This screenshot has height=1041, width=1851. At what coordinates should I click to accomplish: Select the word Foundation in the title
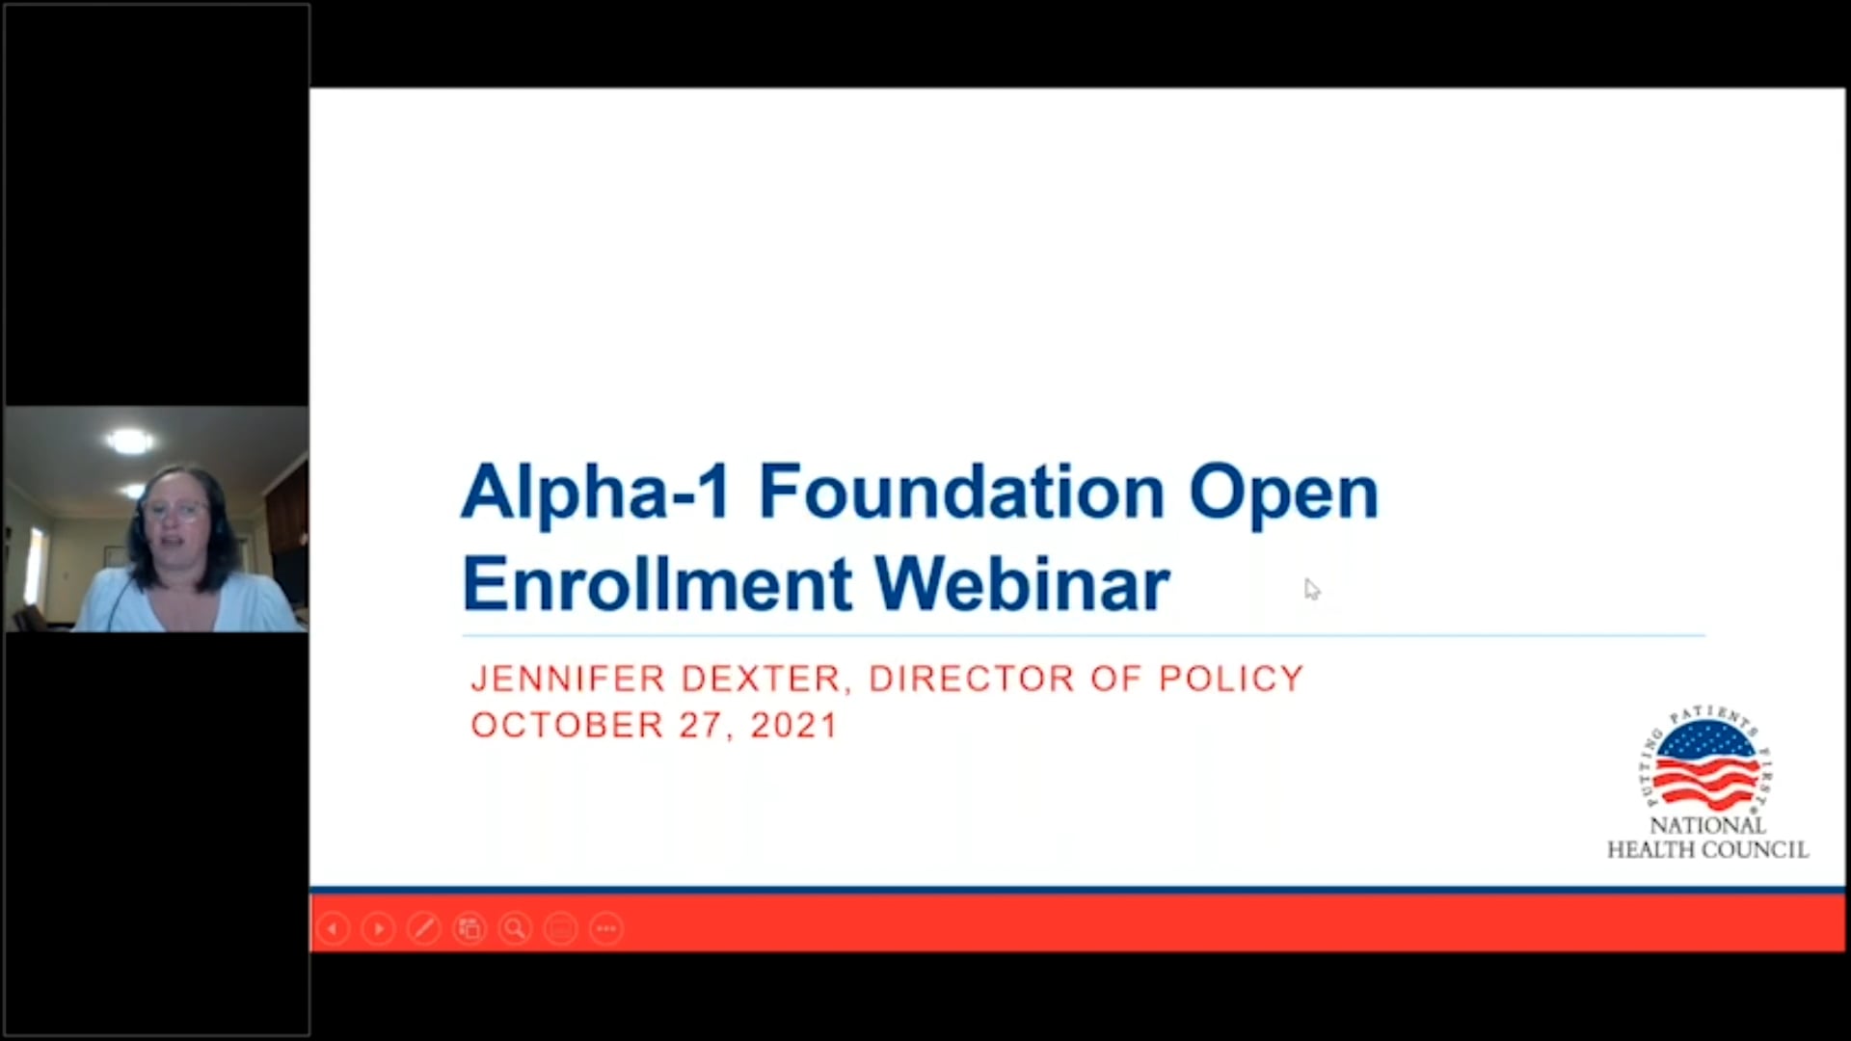(x=961, y=492)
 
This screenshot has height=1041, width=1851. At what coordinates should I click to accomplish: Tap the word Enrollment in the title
(x=657, y=584)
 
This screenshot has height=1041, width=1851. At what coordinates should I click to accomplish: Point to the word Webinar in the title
(x=1023, y=584)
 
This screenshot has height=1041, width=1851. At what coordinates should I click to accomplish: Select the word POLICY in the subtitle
(x=1231, y=679)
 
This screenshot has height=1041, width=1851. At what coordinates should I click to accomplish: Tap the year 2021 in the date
(x=794, y=725)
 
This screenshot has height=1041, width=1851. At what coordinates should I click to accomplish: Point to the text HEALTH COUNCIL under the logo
(x=1707, y=850)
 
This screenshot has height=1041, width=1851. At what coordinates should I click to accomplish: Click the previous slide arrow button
(x=333, y=929)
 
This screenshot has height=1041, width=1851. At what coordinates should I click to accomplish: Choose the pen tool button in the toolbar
(x=424, y=929)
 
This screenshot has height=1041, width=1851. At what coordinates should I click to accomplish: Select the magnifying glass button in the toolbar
(x=516, y=929)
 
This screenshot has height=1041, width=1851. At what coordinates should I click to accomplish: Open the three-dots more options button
(x=606, y=929)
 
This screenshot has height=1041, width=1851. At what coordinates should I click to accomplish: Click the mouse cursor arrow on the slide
(x=1311, y=589)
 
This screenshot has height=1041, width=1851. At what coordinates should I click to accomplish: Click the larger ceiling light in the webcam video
(x=130, y=441)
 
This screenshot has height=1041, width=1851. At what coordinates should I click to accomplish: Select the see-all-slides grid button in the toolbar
(x=469, y=929)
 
